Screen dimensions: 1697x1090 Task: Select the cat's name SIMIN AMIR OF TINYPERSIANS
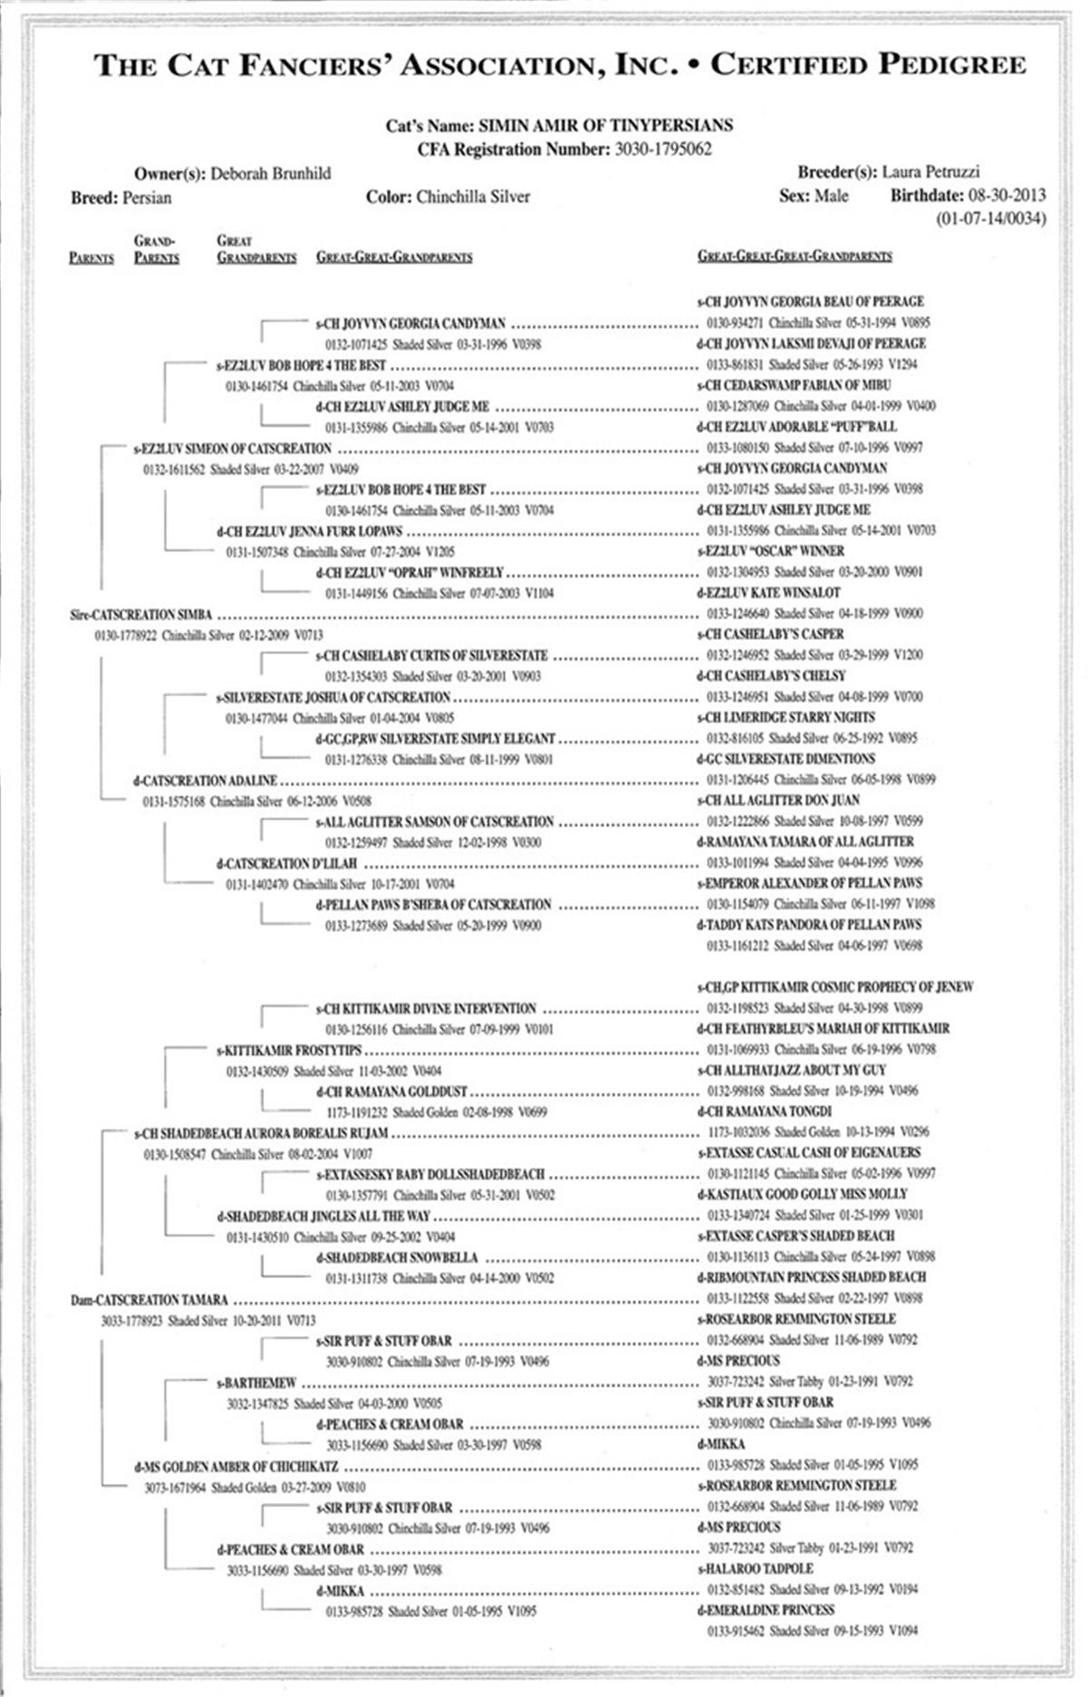[x=605, y=126]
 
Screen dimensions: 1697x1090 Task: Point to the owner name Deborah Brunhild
[x=271, y=173]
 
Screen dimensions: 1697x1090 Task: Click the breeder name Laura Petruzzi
[x=931, y=171]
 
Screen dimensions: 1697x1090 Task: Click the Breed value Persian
[x=147, y=198]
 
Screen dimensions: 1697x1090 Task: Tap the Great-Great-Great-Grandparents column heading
[x=795, y=257]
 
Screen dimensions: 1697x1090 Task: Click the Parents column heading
[x=92, y=258]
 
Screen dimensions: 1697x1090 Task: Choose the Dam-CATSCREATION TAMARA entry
[x=149, y=1300]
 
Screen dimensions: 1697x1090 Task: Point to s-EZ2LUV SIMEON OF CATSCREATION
[x=233, y=449]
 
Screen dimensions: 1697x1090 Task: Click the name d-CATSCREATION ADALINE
[x=206, y=781]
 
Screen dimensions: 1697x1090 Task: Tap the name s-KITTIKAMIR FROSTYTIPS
[x=289, y=1051]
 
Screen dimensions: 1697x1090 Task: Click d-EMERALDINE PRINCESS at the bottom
[x=766, y=1610]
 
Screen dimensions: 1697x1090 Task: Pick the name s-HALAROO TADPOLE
[x=755, y=1568]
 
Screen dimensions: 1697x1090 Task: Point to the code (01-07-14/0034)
[x=990, y=218]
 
